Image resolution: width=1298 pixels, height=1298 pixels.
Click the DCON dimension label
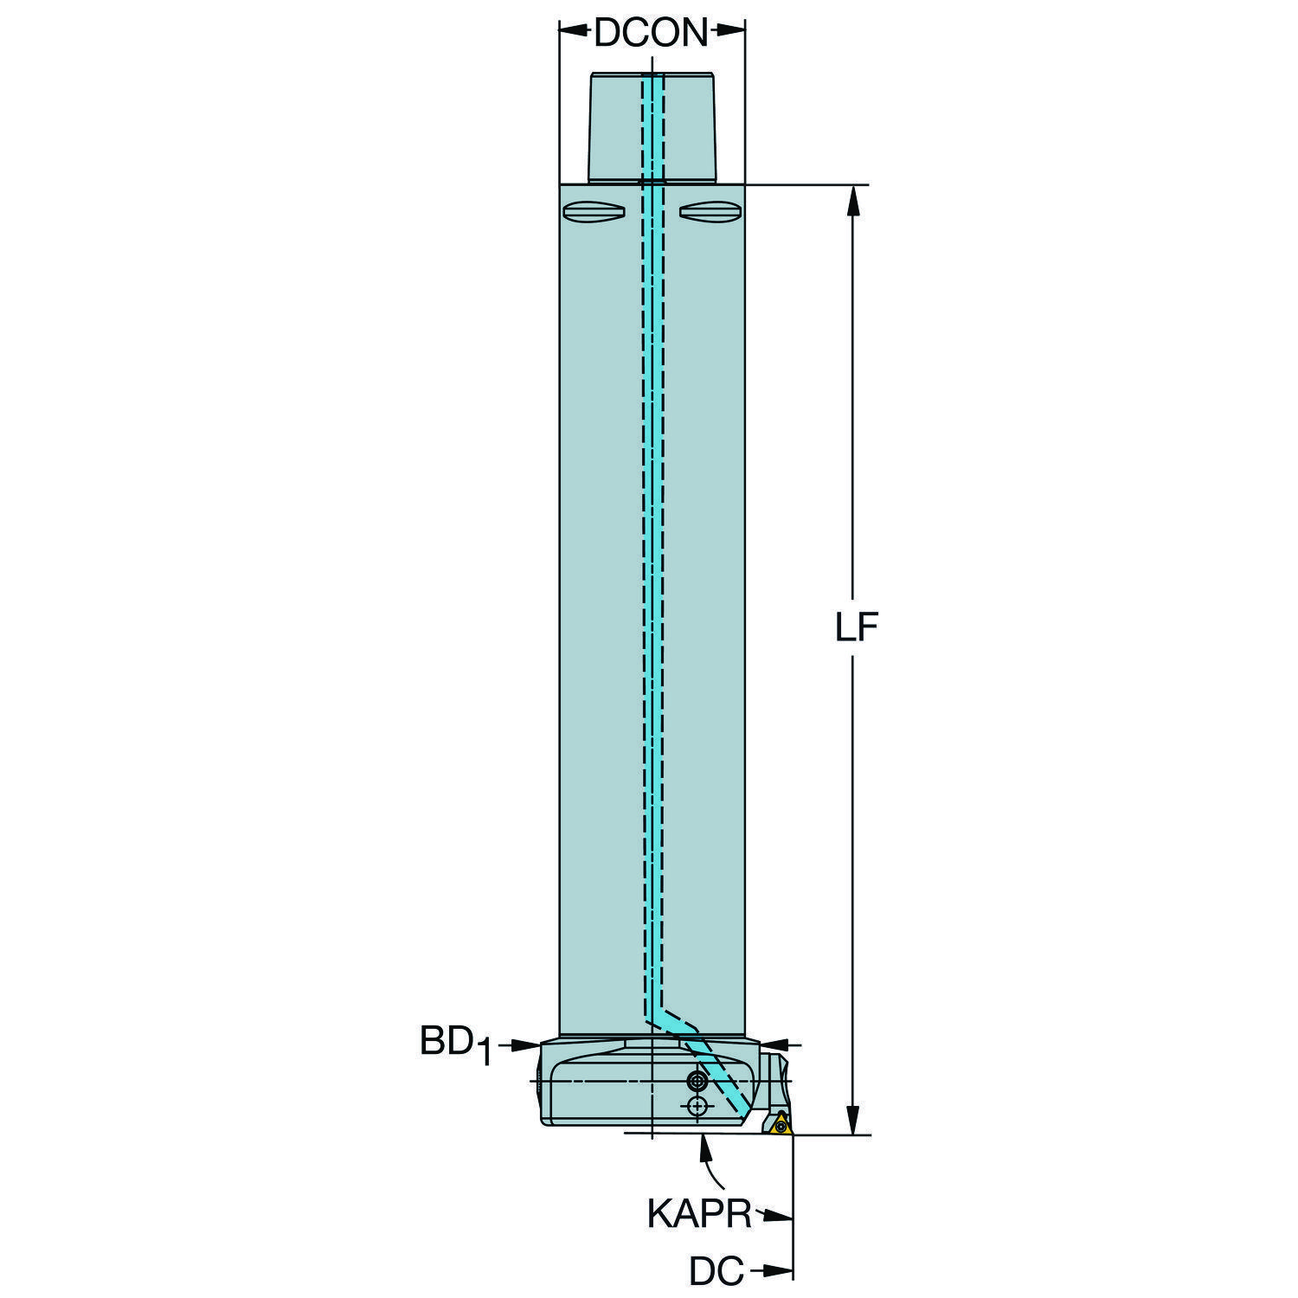tap(651, 34)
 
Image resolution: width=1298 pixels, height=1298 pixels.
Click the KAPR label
tap(699, 1214)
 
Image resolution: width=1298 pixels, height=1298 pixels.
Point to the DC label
tap(716, 1272)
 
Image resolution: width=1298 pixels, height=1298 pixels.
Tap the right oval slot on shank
tap(709, 211)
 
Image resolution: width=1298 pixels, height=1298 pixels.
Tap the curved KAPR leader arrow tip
tap(705, 1141)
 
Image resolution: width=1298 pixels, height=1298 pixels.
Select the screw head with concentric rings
tap(696, 1080)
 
